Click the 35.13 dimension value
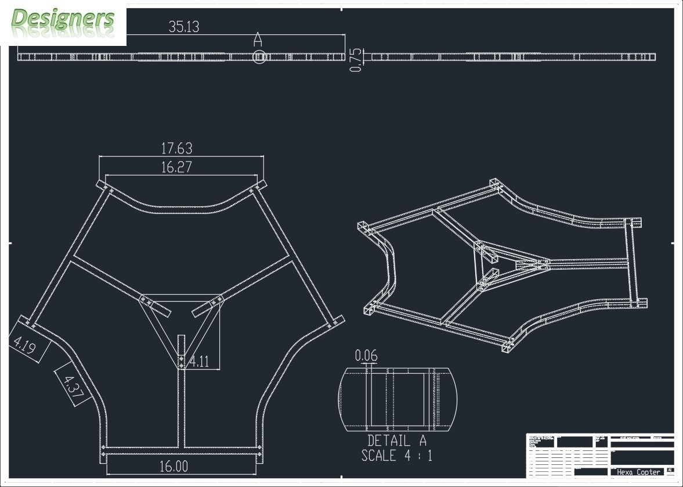click(x=184, y=27)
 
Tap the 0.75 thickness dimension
click(x=356, y=60)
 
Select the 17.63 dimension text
click(x=176, y=148)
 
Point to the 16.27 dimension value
click(x=176, y=167)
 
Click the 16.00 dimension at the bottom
click(x=174, y=466)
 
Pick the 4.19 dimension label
click(x=23, y=346)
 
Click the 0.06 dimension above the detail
click(x=366, y=355)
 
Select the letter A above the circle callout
click(x=258, y=40)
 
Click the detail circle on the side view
click(x=260, y=57)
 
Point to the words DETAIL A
click(x=397, y=441)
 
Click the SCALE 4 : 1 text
click(x=397, y=455)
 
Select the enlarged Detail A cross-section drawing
click(x=397, y=399)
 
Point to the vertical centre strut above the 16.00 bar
click(x=181, y=407)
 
